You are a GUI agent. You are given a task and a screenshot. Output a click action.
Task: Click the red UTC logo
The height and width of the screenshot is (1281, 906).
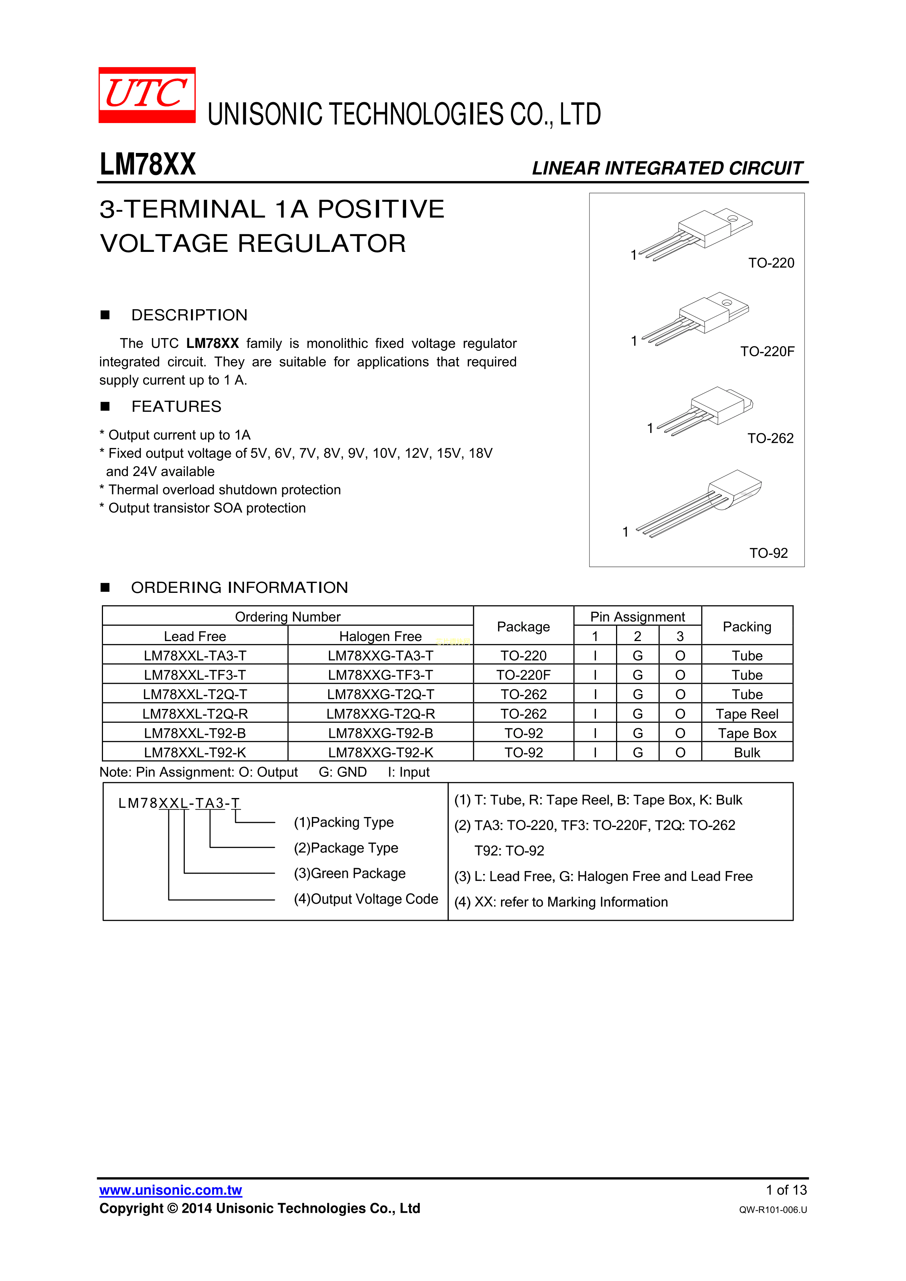pyautogui.click(x=147, y=95)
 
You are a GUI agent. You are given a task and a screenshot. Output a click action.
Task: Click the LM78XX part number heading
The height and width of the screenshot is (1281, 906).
pyautogui.click(x=148, y=165)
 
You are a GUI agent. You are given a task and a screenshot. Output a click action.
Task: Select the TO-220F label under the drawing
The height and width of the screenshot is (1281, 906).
pyautogui.click(x=767, y=352)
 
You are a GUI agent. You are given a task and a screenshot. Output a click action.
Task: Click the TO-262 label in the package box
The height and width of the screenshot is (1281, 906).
pyautogui.click(x=771, y=438)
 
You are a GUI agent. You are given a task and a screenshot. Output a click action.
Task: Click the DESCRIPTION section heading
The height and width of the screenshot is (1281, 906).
pyautogui.click(x=189, y=315)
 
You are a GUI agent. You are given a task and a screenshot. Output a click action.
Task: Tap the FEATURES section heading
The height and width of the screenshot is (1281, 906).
pyautogui.click(x=176, y=407)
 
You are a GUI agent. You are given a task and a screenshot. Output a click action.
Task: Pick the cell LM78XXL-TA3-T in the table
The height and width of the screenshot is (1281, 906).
pyautogui.click(x=195, y=656)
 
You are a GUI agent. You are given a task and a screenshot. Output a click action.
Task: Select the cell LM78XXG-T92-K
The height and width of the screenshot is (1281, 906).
pyautogui.click(x=381, y=753)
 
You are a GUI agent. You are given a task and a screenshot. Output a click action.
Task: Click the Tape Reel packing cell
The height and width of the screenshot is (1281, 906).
pyautogui.click(x=747, y=714)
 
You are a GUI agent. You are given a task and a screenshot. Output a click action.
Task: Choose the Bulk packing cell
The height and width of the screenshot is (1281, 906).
pyautogui.click(x=747, y=753)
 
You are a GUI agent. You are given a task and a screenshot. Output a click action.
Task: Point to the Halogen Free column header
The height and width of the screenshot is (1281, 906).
pyautogui.click(x=381, y=637)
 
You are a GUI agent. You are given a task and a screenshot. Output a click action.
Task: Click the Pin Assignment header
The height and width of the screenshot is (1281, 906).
pyautogui.click(x=638, y=617)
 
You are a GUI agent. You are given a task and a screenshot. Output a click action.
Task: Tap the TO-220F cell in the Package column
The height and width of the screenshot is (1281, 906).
pyautogui.click(x=524, y=675)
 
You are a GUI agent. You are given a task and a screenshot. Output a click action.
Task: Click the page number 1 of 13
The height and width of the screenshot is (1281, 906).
pyautogui.click(x=786, y=1190)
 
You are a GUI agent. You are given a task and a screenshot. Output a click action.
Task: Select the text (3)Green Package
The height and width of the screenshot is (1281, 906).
pyautogui.click(x=349, y=874)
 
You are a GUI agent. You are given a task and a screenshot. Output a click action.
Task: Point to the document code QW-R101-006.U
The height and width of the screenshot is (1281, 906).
pyautogui.click(x=773, y=1209)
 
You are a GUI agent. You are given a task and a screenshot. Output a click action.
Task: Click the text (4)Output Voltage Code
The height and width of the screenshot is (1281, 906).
pyautogui.click(x=366, y=900)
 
